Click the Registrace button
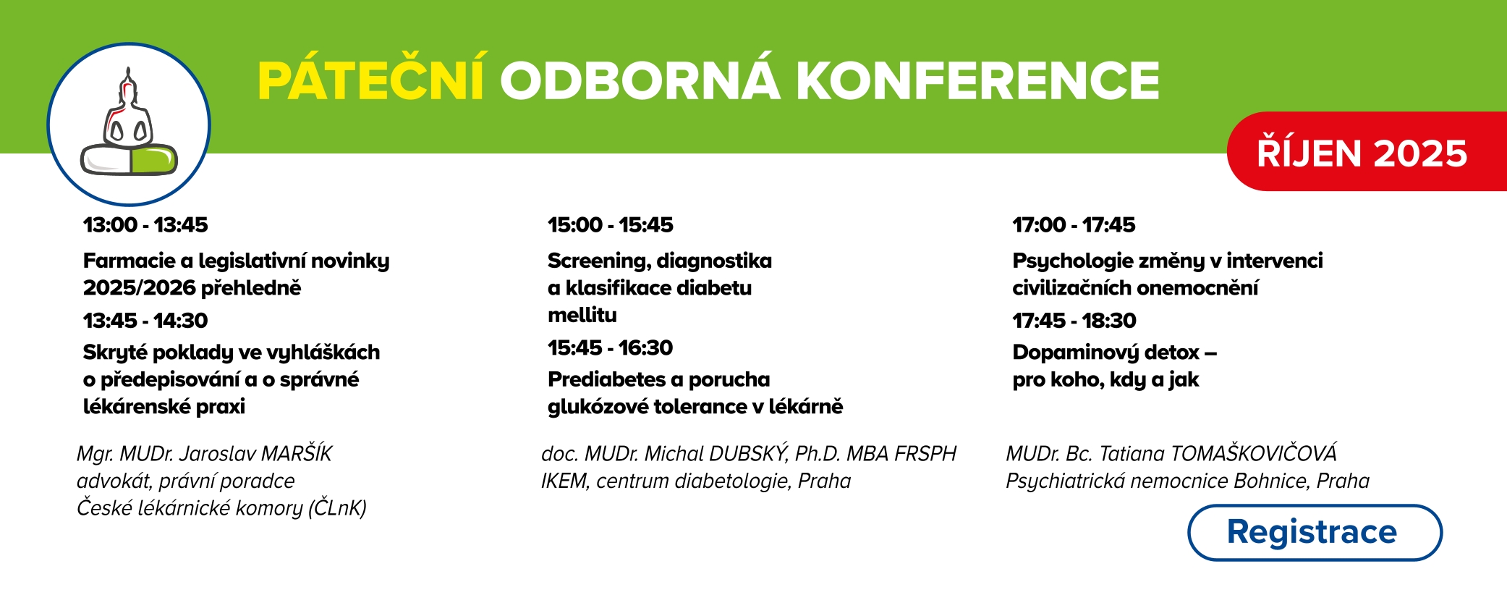point(1315,533)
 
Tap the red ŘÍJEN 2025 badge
point(1367,151)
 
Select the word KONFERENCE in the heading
point(977,80)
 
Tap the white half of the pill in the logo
point(105,159)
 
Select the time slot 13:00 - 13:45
point(145,225)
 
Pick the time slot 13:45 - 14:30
point(145,321)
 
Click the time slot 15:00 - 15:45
point(610,225)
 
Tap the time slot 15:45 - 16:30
point(610,348)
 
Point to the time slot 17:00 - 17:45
point(1074,225)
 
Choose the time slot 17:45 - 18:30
point(1074,321)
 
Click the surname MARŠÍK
point(296,453)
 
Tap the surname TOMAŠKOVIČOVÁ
point(1253,453)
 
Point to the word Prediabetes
point(606,379)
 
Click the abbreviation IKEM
point(564,481)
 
